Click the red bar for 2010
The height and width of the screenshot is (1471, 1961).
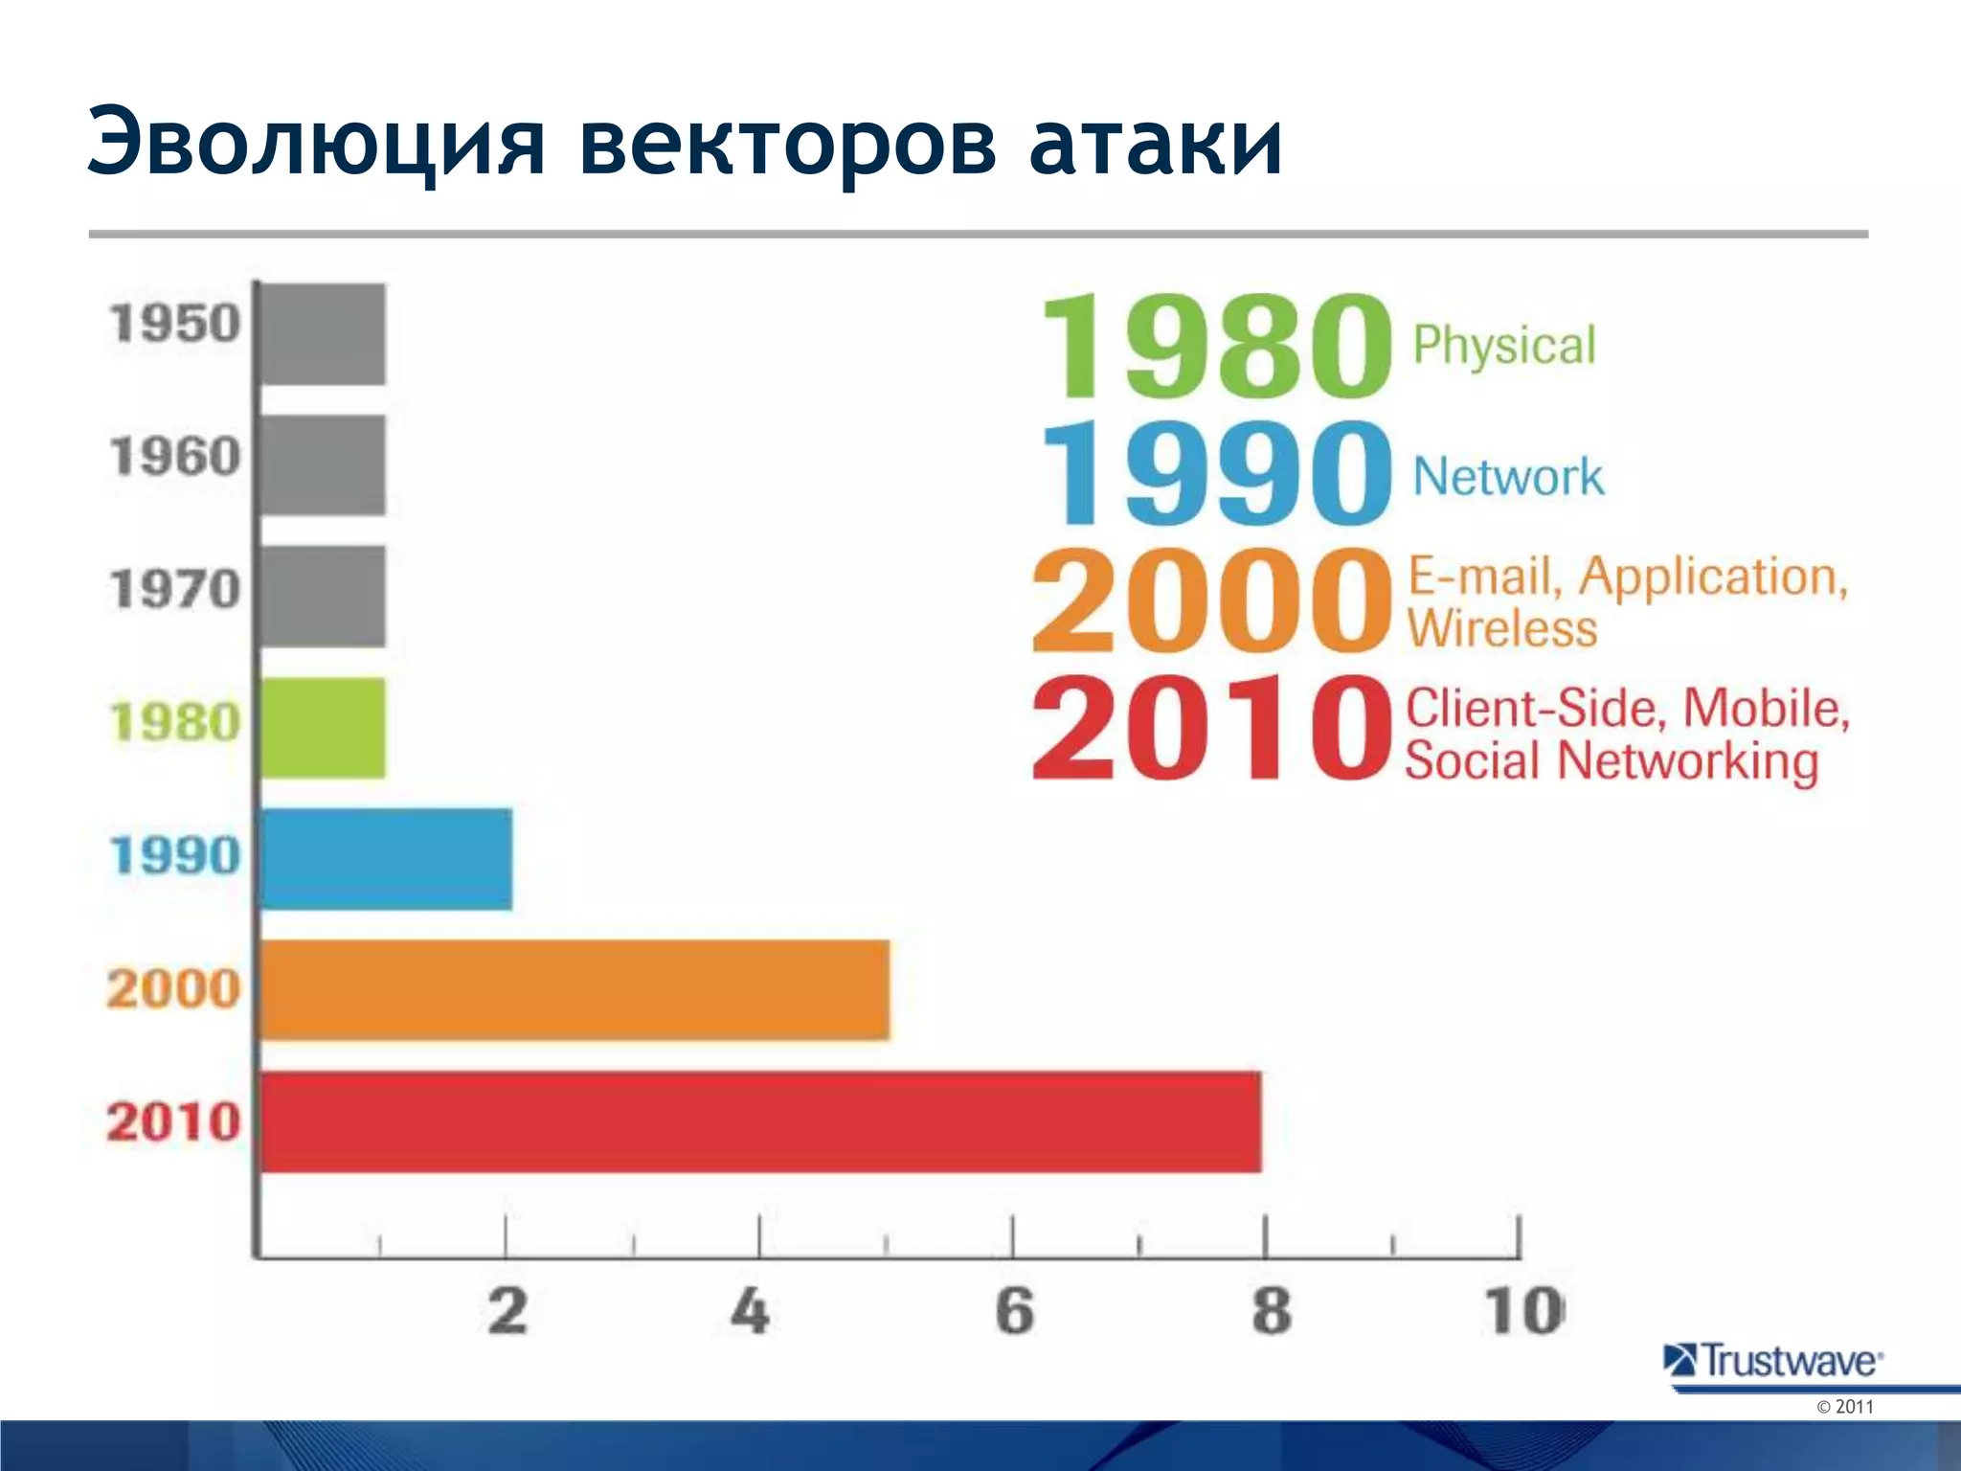click(761, 1121)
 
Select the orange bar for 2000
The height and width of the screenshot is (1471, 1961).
click(575, 989)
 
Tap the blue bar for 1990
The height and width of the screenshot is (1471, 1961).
click(387, 858)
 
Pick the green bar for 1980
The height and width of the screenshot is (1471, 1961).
click(324, 727)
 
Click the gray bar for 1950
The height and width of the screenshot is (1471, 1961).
click(324, 333)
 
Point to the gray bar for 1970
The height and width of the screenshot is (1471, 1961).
click(324, 596)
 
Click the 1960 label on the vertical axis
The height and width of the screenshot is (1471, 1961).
click(174, 456)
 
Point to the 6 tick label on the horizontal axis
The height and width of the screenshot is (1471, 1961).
click(1014, 1311)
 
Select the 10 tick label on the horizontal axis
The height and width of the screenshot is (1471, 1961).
click(1522, 1311)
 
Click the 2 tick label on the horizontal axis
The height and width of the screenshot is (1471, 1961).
click(507, 1311)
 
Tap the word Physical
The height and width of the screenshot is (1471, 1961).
click(1504, 346)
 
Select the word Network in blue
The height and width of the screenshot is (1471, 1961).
click(1508, 476)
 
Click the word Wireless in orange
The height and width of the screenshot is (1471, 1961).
click(1501, 628)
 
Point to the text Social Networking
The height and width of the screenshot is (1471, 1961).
click(1612, 761)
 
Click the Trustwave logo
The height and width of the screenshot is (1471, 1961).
click(1773, 1360)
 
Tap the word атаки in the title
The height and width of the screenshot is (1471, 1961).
click(1156, 144)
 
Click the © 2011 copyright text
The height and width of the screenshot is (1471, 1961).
click(1844, 1407)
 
